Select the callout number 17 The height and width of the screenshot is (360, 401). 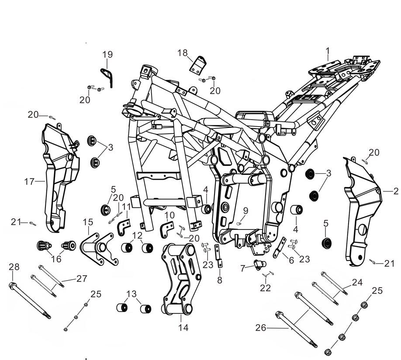pyautogui.click(x=29, y=181)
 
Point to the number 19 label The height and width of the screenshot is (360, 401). pyautogui.click(x=107, y=55)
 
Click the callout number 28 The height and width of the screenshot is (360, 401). pyautogui.click(x=14, y=267)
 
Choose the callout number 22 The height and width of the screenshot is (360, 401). pyautogui.click(x=265, y=288)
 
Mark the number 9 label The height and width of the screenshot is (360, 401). pyautogui.click(x=245, y=211)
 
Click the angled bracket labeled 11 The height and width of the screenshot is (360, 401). pyautogui.click(x=124, y=227)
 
